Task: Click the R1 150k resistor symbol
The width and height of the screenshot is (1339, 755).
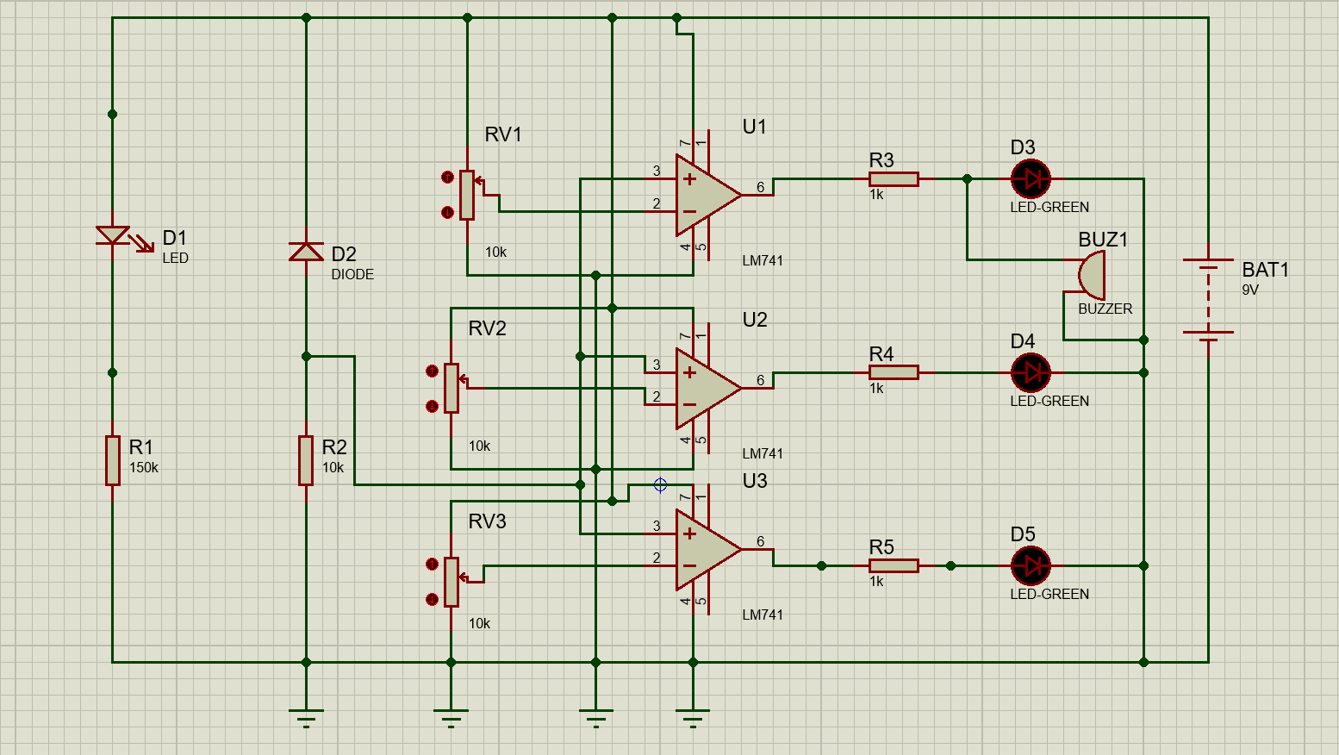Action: click(x=113, y=460)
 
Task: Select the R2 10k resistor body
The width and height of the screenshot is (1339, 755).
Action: click(x=306, y=460)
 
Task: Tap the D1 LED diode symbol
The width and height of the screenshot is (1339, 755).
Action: click(x=113, y=234)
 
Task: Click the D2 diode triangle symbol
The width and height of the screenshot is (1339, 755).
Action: click(x=306, y=251)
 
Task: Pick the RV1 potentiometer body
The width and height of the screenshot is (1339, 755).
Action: click(x=467, y=196)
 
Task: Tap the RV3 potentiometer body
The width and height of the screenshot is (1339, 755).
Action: click(x=452, y=582)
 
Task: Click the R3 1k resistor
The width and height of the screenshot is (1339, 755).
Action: click(x=894, y=179)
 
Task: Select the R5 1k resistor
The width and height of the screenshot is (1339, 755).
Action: click(x=894, y=566)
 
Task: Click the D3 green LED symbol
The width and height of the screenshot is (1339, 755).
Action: click(x=1031, y=179)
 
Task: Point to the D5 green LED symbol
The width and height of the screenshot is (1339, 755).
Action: click(x=1031, y=566)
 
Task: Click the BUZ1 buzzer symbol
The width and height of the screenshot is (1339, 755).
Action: click(x=1092, y=276)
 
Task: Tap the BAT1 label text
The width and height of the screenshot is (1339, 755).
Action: click(x=1265, y=270)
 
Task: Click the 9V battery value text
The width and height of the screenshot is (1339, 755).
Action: click(x=1250, y=290)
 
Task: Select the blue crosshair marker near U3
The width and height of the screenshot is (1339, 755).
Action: click(x=661, y=484)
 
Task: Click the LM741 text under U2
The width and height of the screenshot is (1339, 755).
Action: click(x=763, y=453)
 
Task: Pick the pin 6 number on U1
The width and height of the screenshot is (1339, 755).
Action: click(x=761, y=187)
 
